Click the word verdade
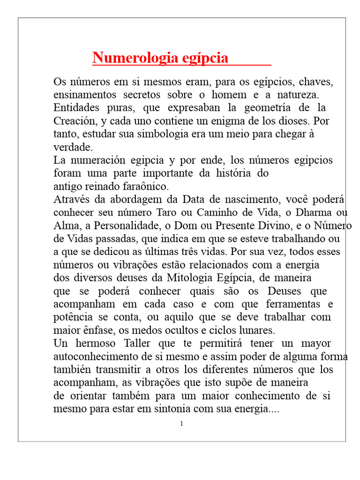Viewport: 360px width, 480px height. pyautogui.click(x=72, y=147)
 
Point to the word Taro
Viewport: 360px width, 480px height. pyautogui.click(x=182, y=212)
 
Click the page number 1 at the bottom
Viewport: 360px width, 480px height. pyautogui.click(x=181, y=424)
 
